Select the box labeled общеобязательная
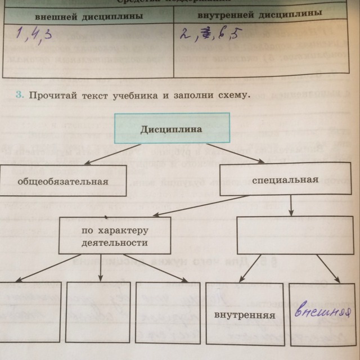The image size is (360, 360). pyautogui.click(x=62, y=181)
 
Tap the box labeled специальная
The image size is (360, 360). pyautogui.click(x=286, y=180)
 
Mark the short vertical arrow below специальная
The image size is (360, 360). pyautogui.click(x=290, y=206)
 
